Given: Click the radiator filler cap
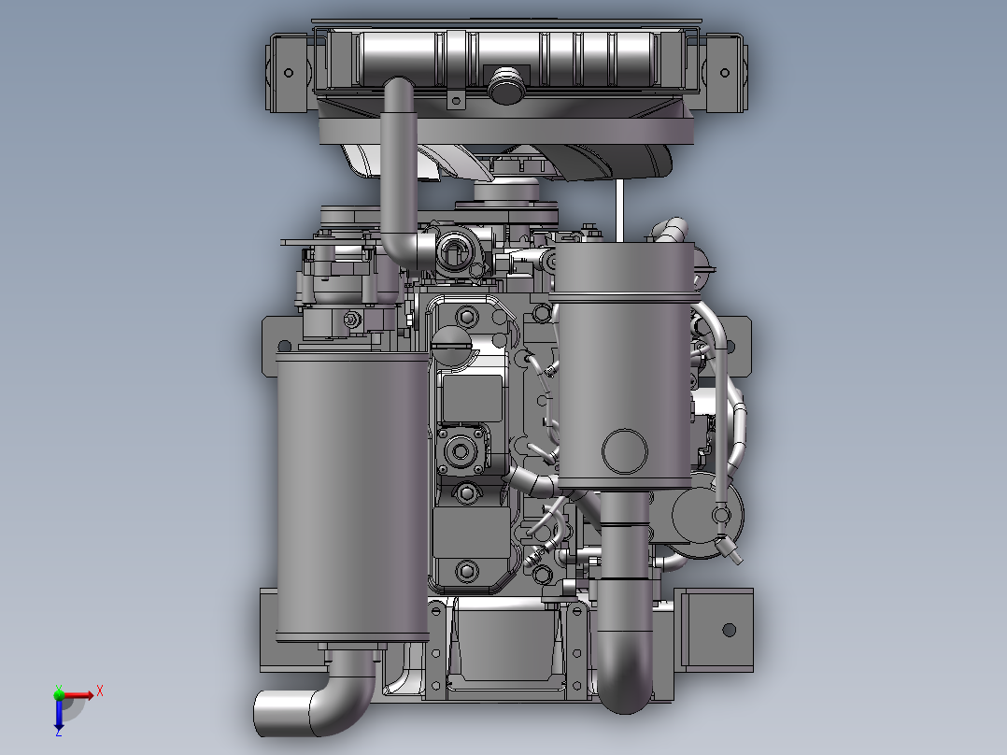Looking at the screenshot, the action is pyautogui.click(x=506, y=84).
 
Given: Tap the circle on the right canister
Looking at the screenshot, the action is pyautogui.click(x=625, y=451).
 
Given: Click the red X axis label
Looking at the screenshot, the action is pyautogui.click(x=100, y=691).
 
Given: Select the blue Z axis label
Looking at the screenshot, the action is pyautogui.click(x=59, y=732).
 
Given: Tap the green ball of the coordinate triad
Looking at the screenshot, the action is pyautogui.click(x=59, y=694).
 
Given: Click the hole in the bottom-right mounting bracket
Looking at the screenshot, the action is pyautogui.click(x=729, y=630).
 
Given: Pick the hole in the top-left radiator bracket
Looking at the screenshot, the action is pyautogui.click(x=289, y=73).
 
